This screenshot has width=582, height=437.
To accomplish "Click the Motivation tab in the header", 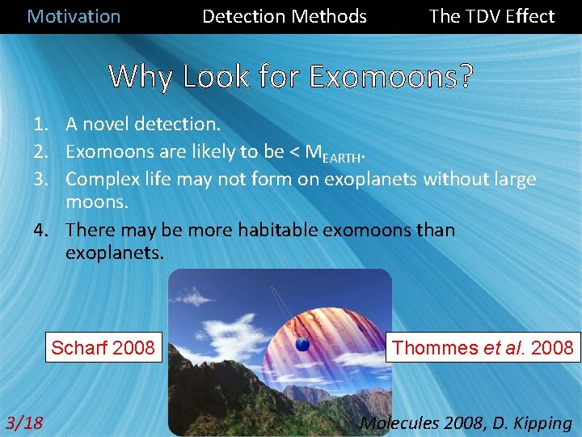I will pos(74,16).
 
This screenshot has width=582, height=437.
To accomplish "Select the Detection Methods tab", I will pos(284,16).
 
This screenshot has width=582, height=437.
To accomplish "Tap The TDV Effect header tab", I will pos(491,16).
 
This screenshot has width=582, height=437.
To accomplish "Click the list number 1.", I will pos(40,125).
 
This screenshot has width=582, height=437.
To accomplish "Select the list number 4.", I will pos(40,231).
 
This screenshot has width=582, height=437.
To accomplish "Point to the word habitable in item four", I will pos(281,231).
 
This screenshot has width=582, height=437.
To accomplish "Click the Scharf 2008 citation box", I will pos(103,348).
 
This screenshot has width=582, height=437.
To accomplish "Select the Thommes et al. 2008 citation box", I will pos(482,348).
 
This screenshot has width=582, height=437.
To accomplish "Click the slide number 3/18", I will pos(24,422).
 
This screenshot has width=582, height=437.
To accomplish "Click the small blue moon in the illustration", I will pos(302,345).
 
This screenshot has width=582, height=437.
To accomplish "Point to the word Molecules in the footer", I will pos(399,422).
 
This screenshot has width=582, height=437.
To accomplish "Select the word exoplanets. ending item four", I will pos(114,252).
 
